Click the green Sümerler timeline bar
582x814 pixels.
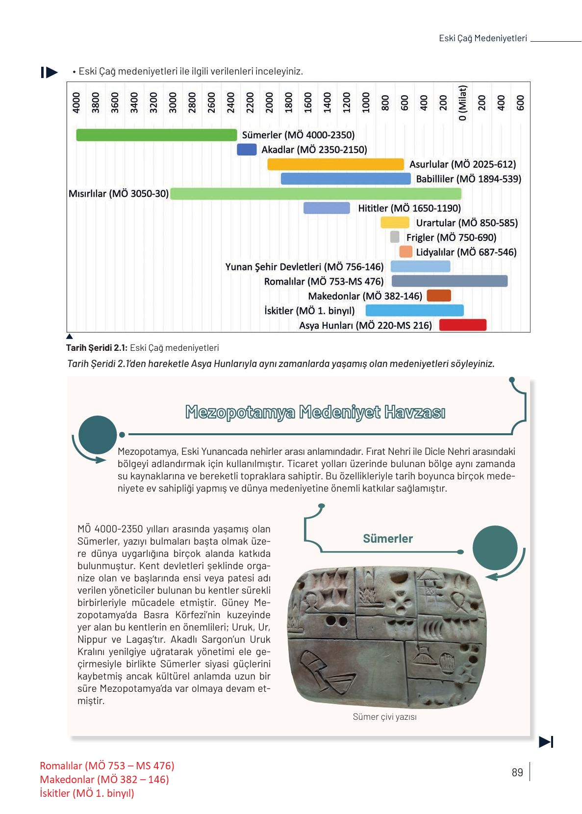click(156, 135)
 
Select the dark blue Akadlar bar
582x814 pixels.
click(247, 150)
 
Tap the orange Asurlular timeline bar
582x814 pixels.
click(335, 164)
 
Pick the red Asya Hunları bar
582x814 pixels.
click(462, 325)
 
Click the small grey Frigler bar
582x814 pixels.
click(395, 237)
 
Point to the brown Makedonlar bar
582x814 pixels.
click(438, 296)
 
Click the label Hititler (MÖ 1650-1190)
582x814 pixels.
click(409, 208)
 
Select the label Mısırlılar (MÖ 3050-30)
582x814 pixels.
click(118, 193)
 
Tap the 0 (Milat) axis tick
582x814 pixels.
click(462, 103)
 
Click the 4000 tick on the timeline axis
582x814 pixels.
click(76, 103)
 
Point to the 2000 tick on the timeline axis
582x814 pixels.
click(269, 103)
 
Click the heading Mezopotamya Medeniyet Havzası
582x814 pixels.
click(315, 412)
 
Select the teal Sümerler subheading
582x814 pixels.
click(387, 538)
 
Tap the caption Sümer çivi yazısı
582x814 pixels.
click(384, 717)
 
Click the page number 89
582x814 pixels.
click(517, 772)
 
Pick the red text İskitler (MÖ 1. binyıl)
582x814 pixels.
click(87, 793)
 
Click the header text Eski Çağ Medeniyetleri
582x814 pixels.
click(482, 38)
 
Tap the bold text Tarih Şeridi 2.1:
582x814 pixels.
click(97, 348)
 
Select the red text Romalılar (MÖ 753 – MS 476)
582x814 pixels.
click(107, 765)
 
